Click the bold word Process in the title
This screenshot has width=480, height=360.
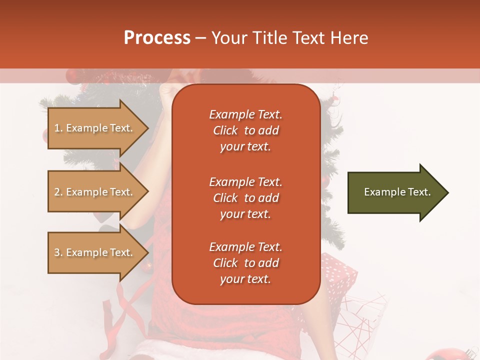(157, 38)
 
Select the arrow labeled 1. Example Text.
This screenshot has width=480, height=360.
(95, 128)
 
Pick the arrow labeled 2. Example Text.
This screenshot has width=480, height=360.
(95, 192)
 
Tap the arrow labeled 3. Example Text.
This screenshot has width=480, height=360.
(95, 252)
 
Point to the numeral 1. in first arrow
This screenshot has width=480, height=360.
(58, 128)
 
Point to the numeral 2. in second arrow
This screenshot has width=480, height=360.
(58, 192)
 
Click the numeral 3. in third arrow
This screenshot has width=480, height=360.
(58, 252)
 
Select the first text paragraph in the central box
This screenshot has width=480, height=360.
(245, 130)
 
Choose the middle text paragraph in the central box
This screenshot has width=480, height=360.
(245, 198)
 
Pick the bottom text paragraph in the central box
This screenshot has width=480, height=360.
(245, 263)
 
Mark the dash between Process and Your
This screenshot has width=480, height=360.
(200, 38)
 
